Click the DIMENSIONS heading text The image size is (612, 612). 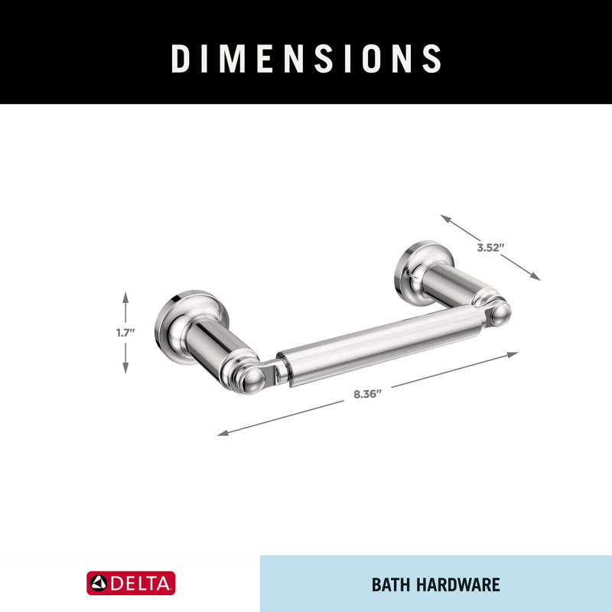pos(306,58)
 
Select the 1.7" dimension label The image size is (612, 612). pos(125,332)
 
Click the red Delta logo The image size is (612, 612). pos(130,584)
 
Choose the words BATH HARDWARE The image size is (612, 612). pos(435,585)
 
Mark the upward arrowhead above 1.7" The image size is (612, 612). pos(125,295)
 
